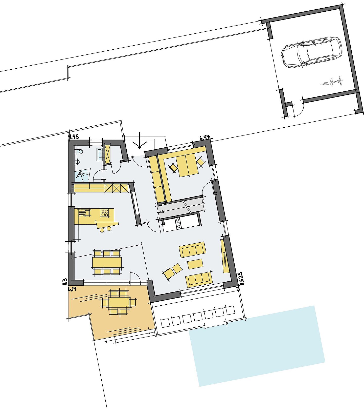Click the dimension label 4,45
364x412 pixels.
pos(74,137)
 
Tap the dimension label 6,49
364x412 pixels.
pos(204,138)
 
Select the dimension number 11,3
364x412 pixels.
pos(65,282)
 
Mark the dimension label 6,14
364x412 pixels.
pos(72,289)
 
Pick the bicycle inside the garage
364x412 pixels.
pos(332,82)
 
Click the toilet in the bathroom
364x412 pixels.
pos(79,151)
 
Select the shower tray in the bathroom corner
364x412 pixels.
pos(82,175)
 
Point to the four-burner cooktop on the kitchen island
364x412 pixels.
pos(105,213)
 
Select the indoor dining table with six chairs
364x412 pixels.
pos(107,262)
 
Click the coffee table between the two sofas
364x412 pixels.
pos(195,264)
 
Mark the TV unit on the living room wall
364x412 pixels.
pos(225,256)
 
